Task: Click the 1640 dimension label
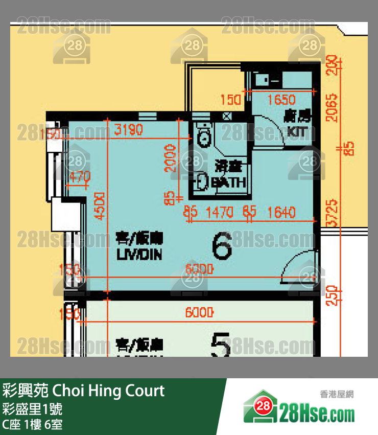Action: (281, 211)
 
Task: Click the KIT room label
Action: (298, 132)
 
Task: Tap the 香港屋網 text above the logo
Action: (337, 394)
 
